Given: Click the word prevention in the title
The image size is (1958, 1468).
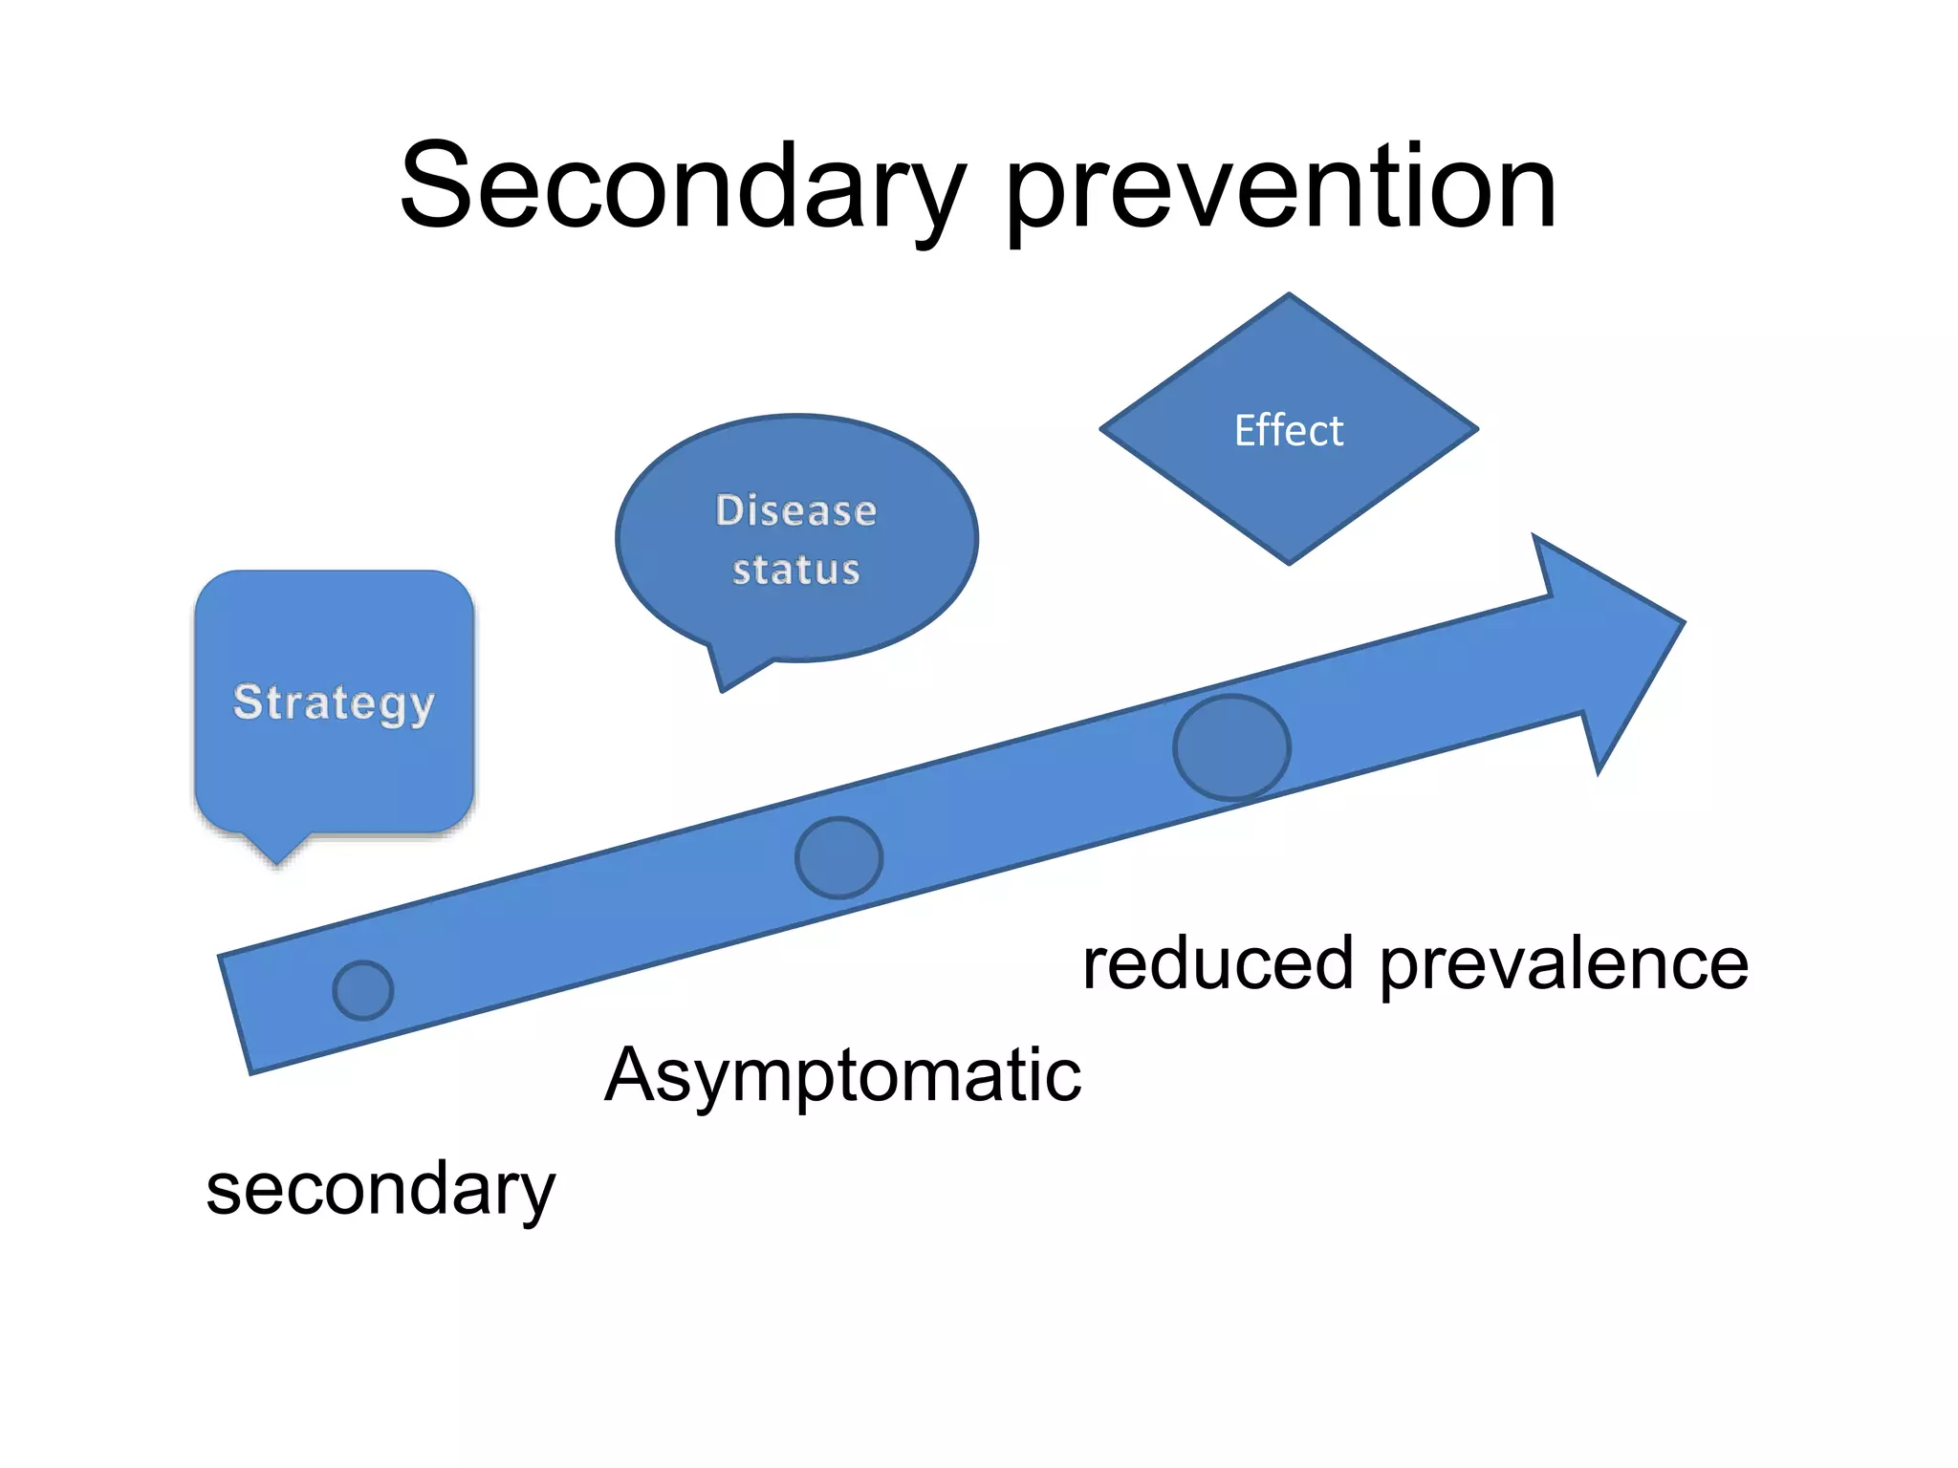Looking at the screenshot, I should (1281, 188).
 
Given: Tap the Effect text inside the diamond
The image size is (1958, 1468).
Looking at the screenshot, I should (1288, 430).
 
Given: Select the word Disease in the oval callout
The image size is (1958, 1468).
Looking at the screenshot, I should (795, 510).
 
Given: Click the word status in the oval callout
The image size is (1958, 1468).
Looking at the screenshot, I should (795, 570).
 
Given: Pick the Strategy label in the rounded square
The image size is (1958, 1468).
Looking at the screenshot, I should (334, 702).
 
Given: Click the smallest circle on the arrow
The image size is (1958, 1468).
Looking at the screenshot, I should (363, 990).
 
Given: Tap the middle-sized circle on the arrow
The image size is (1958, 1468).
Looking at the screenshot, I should (838, 857).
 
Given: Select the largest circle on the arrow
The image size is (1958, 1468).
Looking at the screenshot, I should (1231, 746).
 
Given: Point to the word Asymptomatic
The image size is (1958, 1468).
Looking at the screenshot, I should (842, 1076).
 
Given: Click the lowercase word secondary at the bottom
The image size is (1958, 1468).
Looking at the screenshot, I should (381, 1189).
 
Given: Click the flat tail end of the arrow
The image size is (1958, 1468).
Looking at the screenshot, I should (235, 1014).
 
